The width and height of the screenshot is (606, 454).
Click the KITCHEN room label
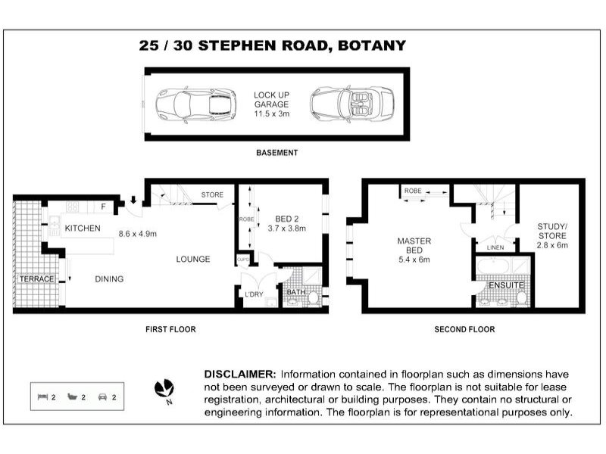pos(83,229)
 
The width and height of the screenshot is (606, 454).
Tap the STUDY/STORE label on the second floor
pos(552,231)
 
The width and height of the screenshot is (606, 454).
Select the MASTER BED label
pos(414,245)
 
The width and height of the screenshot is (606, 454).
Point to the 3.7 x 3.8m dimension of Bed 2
pos(287,229)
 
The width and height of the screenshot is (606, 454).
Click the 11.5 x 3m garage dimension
pos(271,114)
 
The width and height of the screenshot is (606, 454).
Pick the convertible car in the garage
pos(351,104)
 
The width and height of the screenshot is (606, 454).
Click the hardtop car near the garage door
pos(196,104)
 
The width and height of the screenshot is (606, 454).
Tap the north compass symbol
pos(164,388)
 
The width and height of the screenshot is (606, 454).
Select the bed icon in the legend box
pos(42,396)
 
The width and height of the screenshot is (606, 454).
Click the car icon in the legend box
pos(102,396)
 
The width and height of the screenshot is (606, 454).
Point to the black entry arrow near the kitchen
pos(133,200)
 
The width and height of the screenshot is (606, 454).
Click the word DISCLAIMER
pos(240,374)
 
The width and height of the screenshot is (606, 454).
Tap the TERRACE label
pos(36,278)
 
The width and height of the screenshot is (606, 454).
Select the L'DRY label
pos(254,294)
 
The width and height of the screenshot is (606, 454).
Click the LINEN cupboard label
pos(495,247)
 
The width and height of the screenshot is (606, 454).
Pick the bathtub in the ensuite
pos(493,266)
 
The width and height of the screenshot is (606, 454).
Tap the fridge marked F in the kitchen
pos(104,207)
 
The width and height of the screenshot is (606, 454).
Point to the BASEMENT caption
pos(276,153)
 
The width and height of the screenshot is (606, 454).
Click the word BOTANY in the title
pos(372,45)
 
